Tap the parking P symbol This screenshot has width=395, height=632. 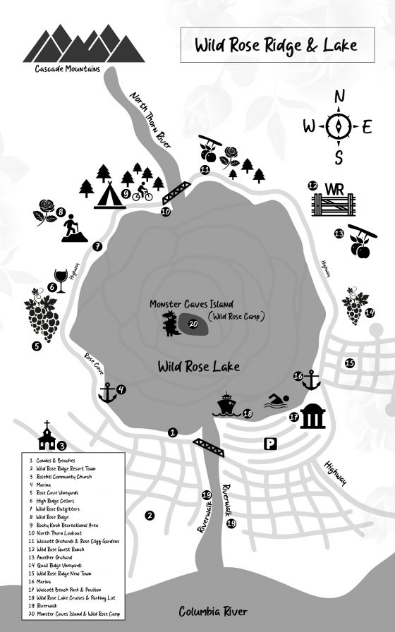269,444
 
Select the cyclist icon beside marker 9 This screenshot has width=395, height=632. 142,190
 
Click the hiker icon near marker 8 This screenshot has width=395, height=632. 71,229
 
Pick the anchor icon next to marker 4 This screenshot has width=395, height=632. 107,393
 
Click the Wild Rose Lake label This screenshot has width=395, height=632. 198,366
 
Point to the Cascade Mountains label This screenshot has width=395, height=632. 67,69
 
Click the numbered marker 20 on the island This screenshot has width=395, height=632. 194,324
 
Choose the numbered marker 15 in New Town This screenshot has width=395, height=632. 349,363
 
